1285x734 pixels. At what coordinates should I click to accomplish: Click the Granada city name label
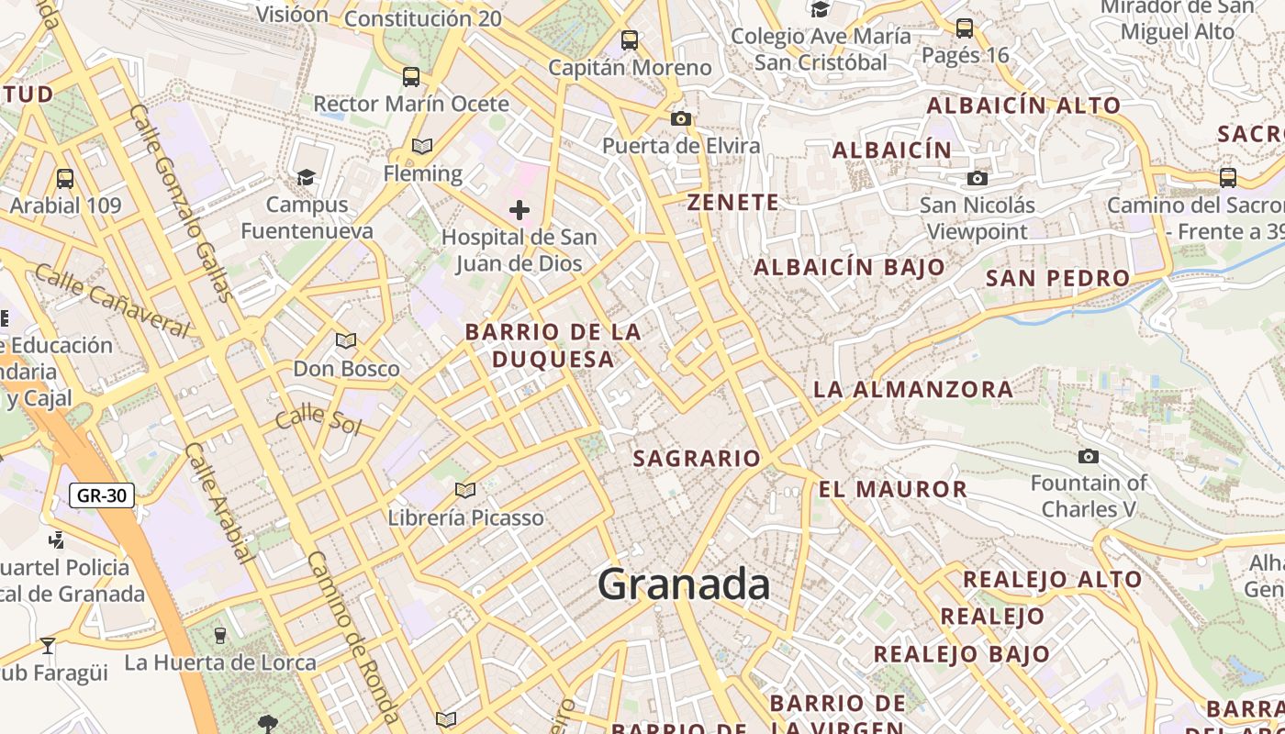coord(684,584)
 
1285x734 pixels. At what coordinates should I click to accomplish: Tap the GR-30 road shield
coord(102,496)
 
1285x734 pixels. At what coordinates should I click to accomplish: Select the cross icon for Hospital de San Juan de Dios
coord(520,210)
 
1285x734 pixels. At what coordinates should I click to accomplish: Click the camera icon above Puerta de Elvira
coord(680,118)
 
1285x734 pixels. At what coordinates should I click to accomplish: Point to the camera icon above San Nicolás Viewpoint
coord(978,178)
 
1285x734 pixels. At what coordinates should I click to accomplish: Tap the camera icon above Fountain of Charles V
coord(1088,456)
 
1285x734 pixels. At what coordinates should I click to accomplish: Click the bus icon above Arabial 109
coord(64,178)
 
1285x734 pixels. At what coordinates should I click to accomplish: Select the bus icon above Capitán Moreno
coord(629,40)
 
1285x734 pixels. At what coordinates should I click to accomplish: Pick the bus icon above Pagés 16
coord(965,28)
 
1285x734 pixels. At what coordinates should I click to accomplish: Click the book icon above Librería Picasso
coord(465,490)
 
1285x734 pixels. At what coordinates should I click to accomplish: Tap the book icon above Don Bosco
coord(346,341)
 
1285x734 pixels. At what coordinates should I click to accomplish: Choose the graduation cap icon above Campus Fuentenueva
coord(306,176)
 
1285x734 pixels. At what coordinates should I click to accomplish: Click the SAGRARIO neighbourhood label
coord(697,458)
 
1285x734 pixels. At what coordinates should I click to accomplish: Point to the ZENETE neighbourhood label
coord(733,203)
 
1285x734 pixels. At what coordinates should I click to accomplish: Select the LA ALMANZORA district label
coord(913,389)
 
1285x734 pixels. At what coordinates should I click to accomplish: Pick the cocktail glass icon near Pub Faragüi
coord(48,645)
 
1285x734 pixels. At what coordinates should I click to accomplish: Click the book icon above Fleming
coord(422,146)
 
